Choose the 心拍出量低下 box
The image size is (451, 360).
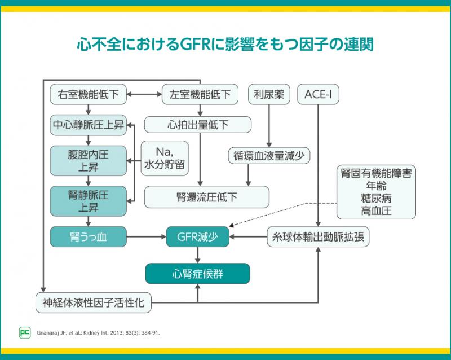point(197,125)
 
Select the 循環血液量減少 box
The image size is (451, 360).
point(268,155)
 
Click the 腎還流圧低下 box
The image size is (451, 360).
point(207,197)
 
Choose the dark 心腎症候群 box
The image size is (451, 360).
point(197,273)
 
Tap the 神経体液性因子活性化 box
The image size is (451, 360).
point(93,302)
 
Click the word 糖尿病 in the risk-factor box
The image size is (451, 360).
point(376,198)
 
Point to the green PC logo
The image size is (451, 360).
point(24,332)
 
